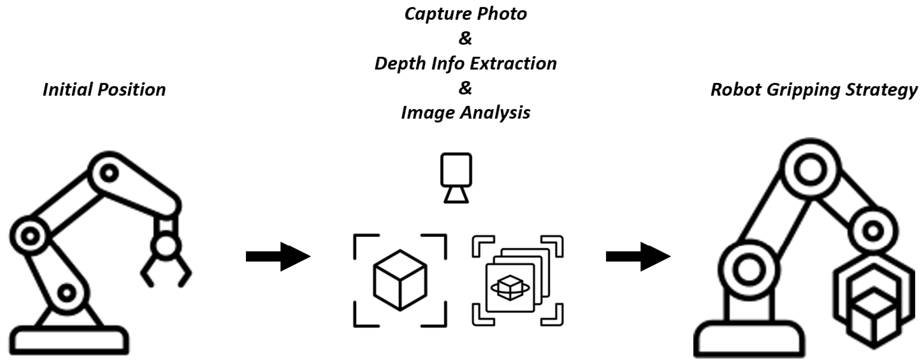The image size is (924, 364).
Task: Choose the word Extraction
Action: (513, 64)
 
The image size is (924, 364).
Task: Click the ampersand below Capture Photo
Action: (465, 39)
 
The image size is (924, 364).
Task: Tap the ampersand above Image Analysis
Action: (465, 88)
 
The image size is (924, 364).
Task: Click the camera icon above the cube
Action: (456, 177)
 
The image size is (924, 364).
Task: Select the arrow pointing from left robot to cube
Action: (278, 257)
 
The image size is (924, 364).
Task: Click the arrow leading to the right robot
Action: (638, 257)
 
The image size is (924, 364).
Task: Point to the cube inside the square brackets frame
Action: (400, 280)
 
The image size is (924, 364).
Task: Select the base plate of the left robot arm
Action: (69, 340)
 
